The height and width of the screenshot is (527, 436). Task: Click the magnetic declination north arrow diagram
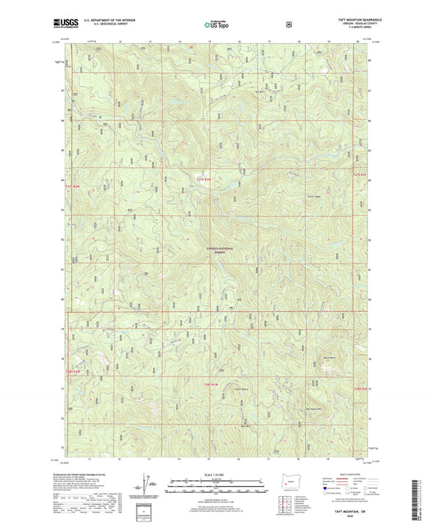[x=150, y=484]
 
